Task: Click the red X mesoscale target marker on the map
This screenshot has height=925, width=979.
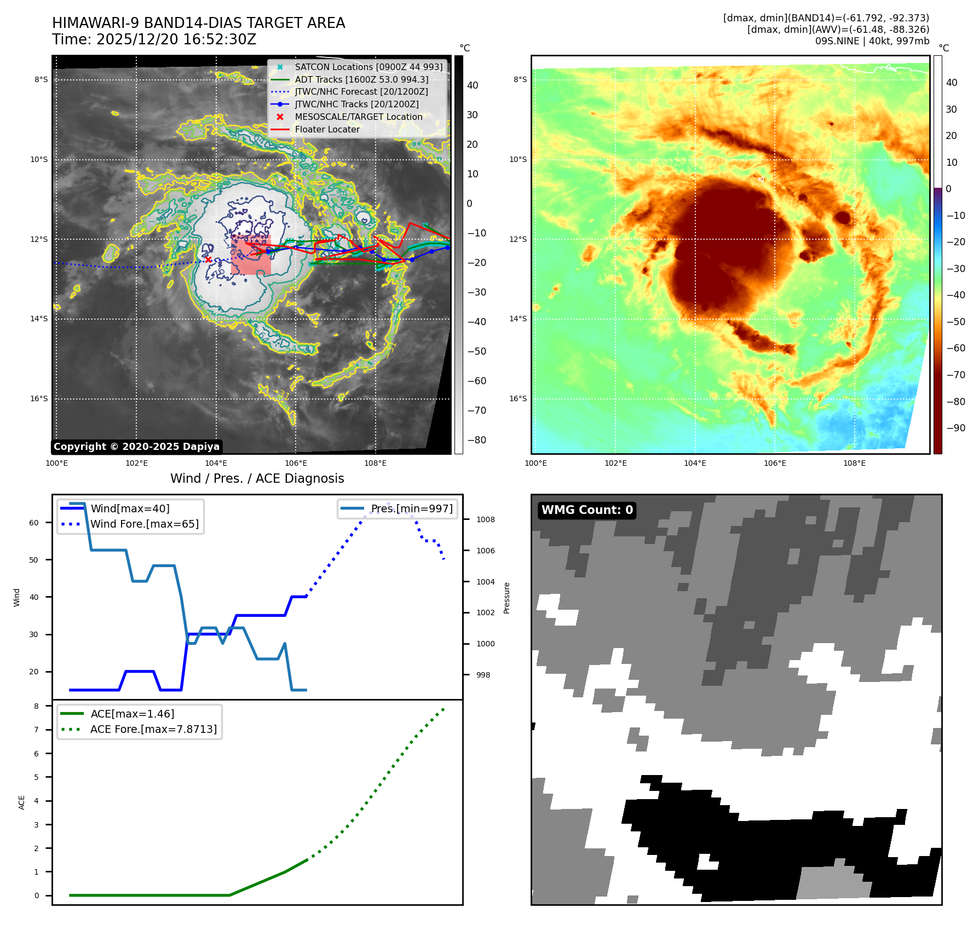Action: tap(208, 259)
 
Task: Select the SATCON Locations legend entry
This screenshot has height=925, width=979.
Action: tap(368, 67)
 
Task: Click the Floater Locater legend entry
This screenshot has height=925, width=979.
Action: tap(327, 129)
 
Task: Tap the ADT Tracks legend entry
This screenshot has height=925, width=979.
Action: tap(361, 79)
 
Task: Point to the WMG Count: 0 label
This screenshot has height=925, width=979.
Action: tap(587, 510)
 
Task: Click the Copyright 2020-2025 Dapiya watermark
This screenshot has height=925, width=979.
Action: tap(136, 447)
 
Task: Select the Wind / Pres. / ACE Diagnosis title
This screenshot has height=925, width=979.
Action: tap(257, 478)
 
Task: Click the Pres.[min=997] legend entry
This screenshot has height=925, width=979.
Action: tap(411, 508)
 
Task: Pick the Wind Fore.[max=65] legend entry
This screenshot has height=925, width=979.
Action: tap(145, 524)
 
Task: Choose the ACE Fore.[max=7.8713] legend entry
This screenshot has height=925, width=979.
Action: tap(153, 729)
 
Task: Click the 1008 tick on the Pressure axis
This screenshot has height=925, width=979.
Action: tap(485, 519)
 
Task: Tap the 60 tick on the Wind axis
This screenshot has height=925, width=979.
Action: tap(34, 523)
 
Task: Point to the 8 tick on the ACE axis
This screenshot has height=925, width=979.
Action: tap(37, 706)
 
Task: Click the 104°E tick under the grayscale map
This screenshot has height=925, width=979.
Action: tap(216, 463)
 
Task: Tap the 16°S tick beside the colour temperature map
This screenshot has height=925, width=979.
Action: tap(518, 398)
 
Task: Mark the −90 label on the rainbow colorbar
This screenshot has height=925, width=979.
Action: tap(956, 428)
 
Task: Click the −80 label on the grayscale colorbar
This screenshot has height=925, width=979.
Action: tap(477, 440)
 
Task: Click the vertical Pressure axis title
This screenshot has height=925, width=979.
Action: tap(506, 598)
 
